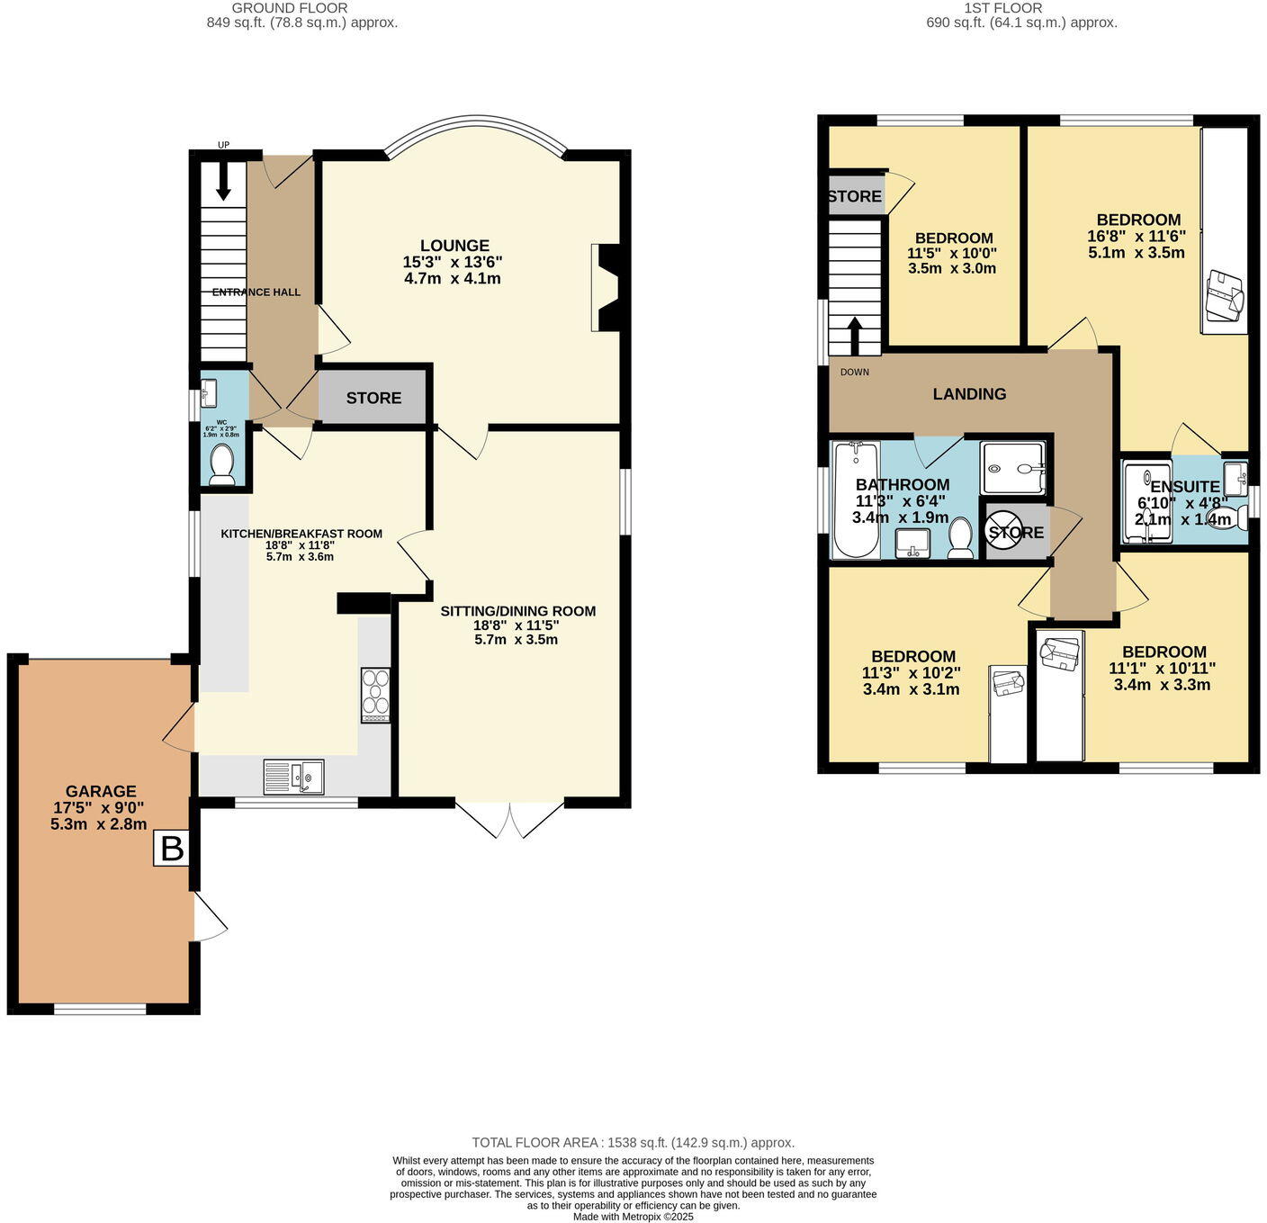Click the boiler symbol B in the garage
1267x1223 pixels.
click(171, 848)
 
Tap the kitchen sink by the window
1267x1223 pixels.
click(293, 777)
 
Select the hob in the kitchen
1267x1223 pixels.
click(375, 695)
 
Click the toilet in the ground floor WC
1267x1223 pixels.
click(221, 465)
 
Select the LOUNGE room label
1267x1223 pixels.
click(454, 246)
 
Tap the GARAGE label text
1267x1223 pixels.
click(100, 791)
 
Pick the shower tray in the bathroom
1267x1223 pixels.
click(1012, 468)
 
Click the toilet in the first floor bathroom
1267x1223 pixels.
click(961, 538)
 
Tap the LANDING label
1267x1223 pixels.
click(969, 394)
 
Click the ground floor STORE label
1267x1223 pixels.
click(373, 398)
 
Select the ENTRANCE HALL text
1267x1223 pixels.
click(256, 292)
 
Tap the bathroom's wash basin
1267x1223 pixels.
click(913, 543)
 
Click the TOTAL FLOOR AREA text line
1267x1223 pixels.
click(633, 1142)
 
